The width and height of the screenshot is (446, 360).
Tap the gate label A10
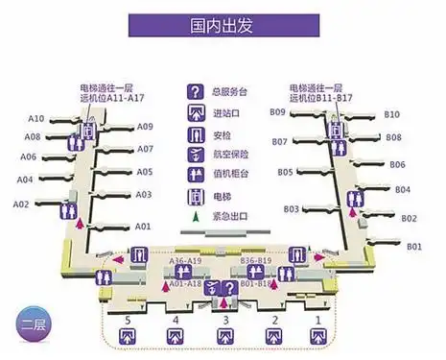36,119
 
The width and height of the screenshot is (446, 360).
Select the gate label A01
143,227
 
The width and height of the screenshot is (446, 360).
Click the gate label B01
414,247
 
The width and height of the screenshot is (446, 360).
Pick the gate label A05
144,173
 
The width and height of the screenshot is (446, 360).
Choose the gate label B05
286,173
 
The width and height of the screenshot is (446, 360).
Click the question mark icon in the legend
196,93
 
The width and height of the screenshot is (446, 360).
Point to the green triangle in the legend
197,217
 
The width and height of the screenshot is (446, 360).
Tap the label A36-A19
184,261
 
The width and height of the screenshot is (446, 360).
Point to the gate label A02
21,204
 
